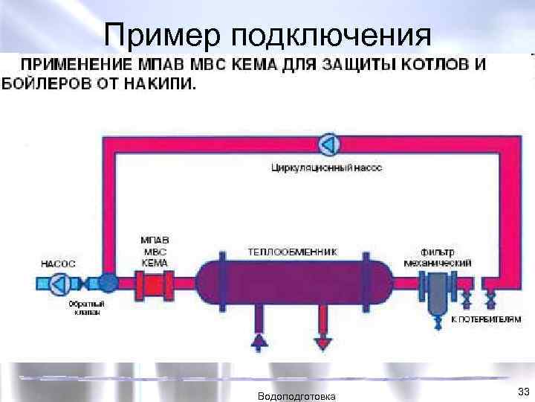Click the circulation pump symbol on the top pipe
[328, 143]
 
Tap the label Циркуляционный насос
[327, 168]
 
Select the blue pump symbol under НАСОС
[60, 283]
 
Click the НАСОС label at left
[58, 263]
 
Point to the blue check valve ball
[108, 283]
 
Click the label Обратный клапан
[87, 308]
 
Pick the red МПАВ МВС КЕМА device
[155, 284]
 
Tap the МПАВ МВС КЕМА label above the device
[155, 252]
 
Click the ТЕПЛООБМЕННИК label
[292, 252]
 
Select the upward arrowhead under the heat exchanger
[259, 342]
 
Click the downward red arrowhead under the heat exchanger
[322, 342]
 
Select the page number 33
[522, 391]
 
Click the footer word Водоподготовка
[295, 396]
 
